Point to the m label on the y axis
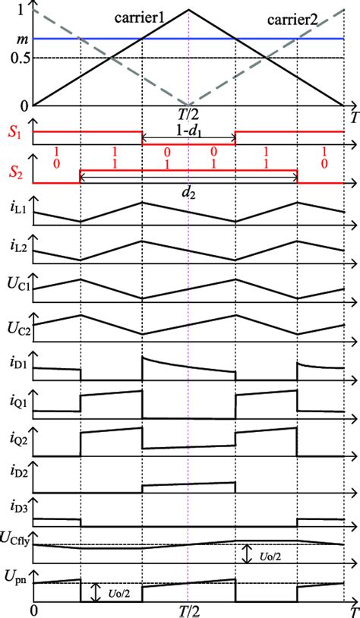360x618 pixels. (x=11, y=37)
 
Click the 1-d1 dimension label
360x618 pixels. (x=188, y=134)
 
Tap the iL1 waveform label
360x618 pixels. (x=13, y=207)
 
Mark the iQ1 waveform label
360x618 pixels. (x=13, y=400)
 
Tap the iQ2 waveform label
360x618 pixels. (x=13, y=440)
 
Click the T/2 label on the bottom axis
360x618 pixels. (x=188, y=610)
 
